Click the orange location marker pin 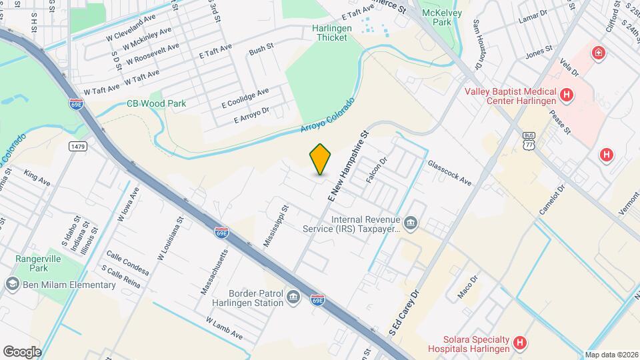(x=320, y=159)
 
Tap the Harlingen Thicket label (x=330, y=33)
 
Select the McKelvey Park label (x=438, y=17)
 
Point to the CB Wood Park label (x=157, y=103)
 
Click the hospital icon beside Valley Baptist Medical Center (x=567, y=95)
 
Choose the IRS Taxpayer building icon (x=411, y=223)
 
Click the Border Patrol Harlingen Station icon (x=293, y=297)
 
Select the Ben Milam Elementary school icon (x=11, y=285)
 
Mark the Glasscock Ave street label (x=450, y=173)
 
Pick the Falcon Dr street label (x=377, y=171)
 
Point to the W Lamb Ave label (x=225, y=328)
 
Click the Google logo (x=22, y=351)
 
